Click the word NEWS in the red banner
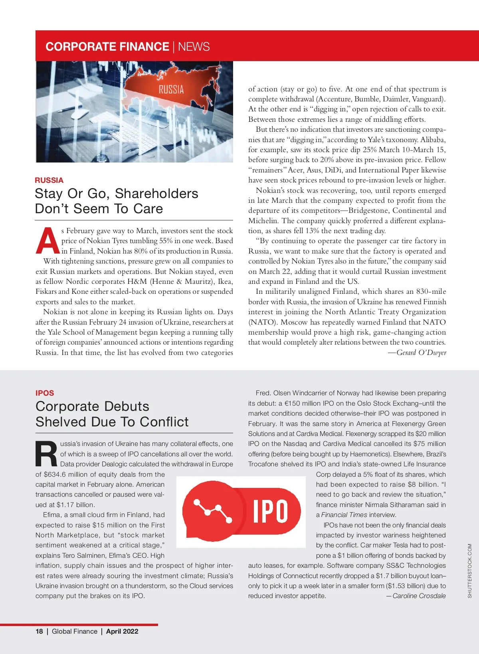(194, 47)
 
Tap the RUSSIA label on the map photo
(171, 89)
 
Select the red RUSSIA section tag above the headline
(49, 180)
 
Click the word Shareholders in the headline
(156, 194)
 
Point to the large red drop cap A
(48, 241)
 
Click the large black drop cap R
(47, 454)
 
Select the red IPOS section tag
(45, 393)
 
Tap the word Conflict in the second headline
(164, 422)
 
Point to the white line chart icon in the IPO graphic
(213, 511)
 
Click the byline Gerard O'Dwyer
(421, 353)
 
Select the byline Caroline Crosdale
(419, 596)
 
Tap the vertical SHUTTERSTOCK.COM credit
(469, 571)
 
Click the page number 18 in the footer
(39, 631)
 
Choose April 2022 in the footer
(122, 631)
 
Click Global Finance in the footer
(75, 631)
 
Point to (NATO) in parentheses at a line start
(263, 322)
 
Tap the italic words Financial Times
(344, 515)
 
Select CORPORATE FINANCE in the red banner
(107, 47)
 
